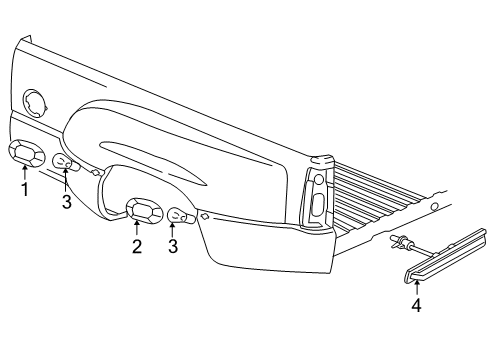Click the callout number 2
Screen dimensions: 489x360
(x=137, y=247)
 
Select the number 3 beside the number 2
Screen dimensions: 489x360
(x=173, y=246)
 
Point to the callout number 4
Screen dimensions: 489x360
(x=416, y=306)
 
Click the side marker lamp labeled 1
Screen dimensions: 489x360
(x=26, y=153)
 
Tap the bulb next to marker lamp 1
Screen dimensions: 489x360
(x=63, y=164)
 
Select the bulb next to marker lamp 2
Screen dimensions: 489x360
(x=177, y=215)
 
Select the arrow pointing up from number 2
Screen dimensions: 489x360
(x=137, y=229)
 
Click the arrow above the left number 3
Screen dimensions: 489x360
(x=65, y=182)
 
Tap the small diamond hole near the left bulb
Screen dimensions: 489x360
(x=97, y=172)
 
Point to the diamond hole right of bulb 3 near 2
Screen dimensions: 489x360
(x=203, y=216)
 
